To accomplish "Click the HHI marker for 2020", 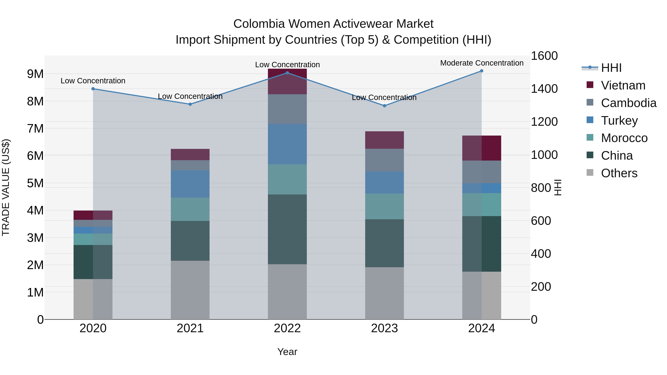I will pyautogui.click(x=93, y=89).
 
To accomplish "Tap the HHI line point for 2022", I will pyautogui.click(x=287, y=73).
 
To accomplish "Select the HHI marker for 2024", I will pyautogui.click(x=482, y=71).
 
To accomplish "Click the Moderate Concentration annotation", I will pyautogui.click(x=482, y=63).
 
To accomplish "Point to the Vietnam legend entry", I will pyautogui.click(x=623, y=85).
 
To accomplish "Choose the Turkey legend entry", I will pyautogui.click(x=619, y=121).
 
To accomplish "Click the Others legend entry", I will pyautogui.click(x=619, y=173).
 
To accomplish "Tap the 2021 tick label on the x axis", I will pyautogui.click(x=190, y=328).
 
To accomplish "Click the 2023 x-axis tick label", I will pyautogui.click(x=384, y=328).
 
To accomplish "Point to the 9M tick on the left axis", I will pyautogui.click(x=35, y=74).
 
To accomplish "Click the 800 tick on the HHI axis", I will pyautogui.click(x=541, y=188).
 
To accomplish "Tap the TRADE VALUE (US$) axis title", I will pyautogui.click(x=6, y=187).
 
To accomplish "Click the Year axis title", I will pyautogui.click(x=287, y=352).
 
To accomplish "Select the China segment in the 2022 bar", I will pyautogui.click(x=287, y=229).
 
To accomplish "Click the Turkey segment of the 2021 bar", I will pyautogui.click(x=190, y=184).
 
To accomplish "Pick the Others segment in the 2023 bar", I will pyautogui.click(x=384, y=293).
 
